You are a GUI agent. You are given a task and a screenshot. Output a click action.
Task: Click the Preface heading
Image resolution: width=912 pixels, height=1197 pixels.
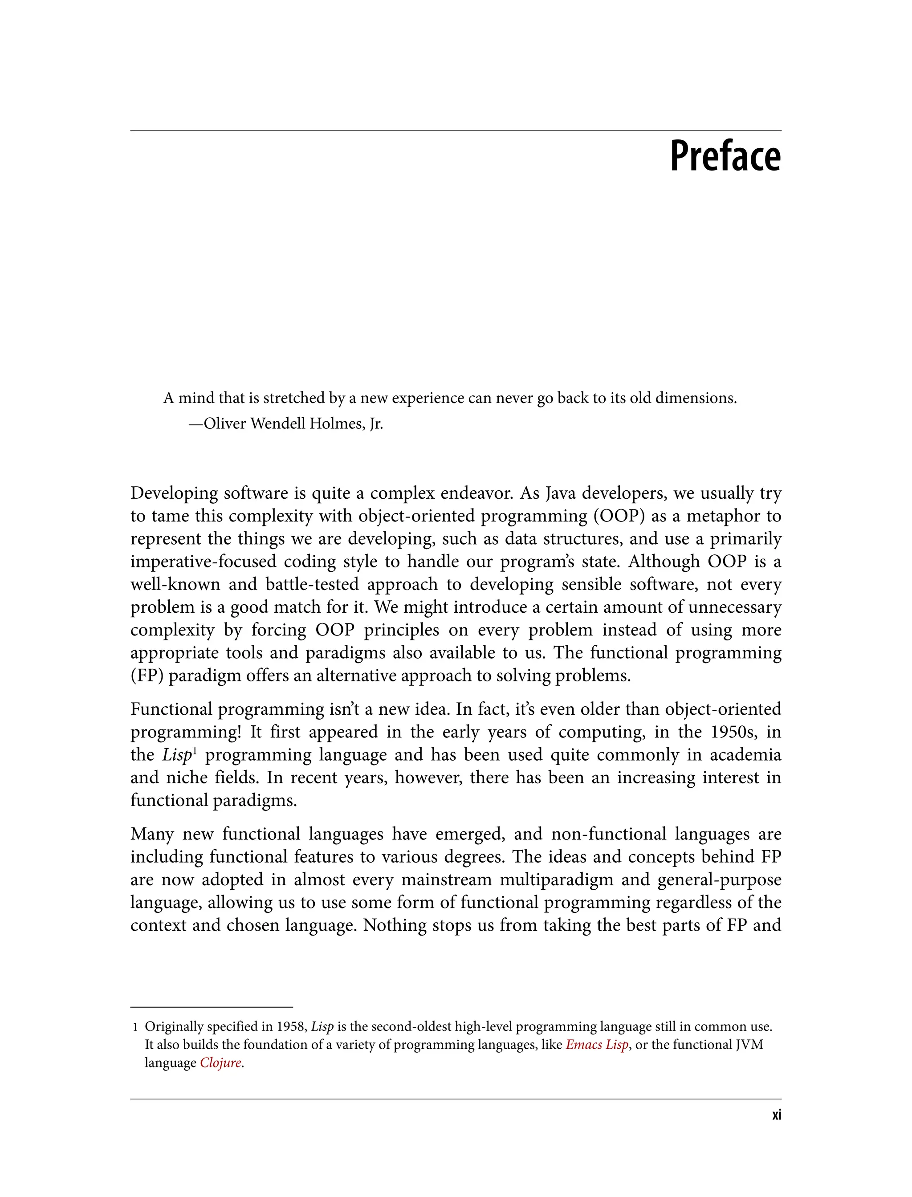(x=725, y=156)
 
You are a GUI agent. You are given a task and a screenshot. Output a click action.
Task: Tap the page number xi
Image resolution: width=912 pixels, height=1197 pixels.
(x=776, y=1115)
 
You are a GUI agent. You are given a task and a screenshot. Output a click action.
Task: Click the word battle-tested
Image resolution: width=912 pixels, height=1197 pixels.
(x=312, y=584)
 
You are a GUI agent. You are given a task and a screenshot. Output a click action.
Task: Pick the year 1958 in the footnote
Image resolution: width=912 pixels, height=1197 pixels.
(x=290, y=1026)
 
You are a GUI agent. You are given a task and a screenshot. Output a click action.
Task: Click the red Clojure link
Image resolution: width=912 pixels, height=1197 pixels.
(x=220, y=1063)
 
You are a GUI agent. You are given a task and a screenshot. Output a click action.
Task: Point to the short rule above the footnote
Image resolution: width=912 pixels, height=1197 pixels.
(x=212, y=1007)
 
